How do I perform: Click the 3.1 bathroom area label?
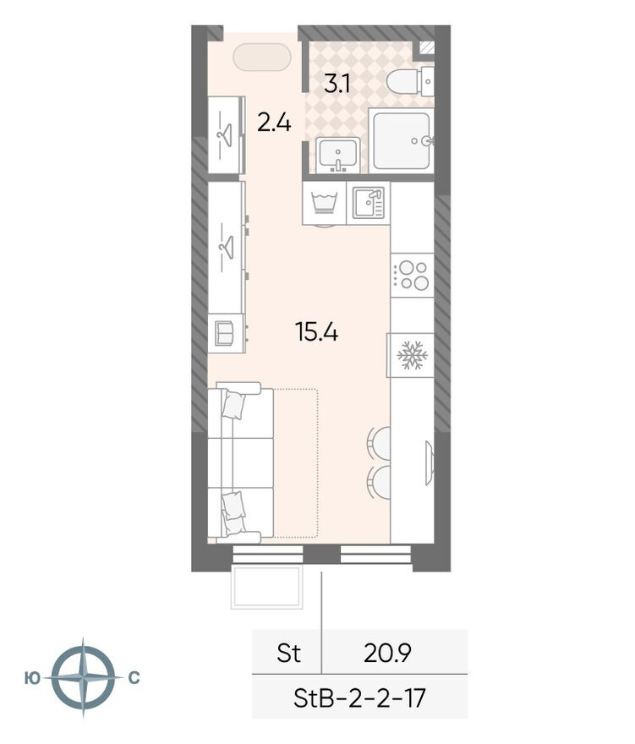click(337, 84)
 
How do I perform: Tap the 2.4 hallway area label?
click(274, 123)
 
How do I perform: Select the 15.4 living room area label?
click(316, 331)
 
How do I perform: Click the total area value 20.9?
click(387, 654)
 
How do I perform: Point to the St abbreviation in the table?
click(288, 654)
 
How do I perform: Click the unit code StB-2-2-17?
click(359, 697)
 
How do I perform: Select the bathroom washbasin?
click(338, 155)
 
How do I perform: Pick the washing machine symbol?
click(324, 203)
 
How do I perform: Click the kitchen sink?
click(368, 203)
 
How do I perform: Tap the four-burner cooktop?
click(412, 276)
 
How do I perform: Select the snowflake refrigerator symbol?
click(412, 355)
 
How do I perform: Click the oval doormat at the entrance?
click(262, 57)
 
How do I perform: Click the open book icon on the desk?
click(224, 333)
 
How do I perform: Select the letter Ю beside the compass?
click(32, 678)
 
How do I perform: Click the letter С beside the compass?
click(134, 678)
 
